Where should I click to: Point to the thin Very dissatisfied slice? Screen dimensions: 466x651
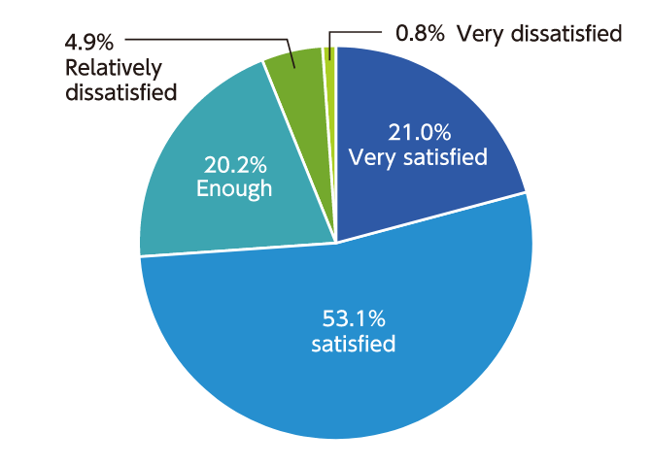[330, 54]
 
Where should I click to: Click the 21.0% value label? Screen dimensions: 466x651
[419, 131]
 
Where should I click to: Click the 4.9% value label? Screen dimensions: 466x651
[88, 43]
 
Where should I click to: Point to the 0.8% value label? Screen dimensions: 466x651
[421, 35]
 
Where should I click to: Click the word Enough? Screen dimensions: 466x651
[234, 188]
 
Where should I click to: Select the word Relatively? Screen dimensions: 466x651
[113, 68]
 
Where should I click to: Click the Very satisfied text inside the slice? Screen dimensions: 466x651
[418, 156]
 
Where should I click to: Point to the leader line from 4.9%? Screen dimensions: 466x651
[204, 40]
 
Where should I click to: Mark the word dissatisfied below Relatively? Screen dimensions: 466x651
[121, 93]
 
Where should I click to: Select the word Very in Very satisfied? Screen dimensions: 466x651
[370, 156]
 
